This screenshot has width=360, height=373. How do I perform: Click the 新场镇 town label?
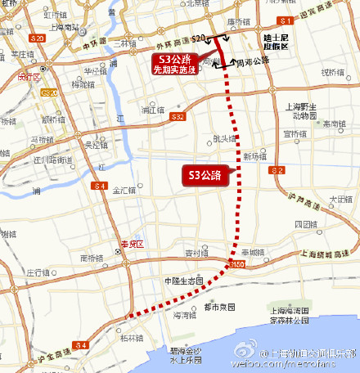(255, 156)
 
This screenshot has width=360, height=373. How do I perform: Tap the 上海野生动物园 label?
(303, 110)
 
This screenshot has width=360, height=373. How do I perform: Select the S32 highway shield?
(178, 117)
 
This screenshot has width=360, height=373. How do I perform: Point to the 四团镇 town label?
(304, 222)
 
